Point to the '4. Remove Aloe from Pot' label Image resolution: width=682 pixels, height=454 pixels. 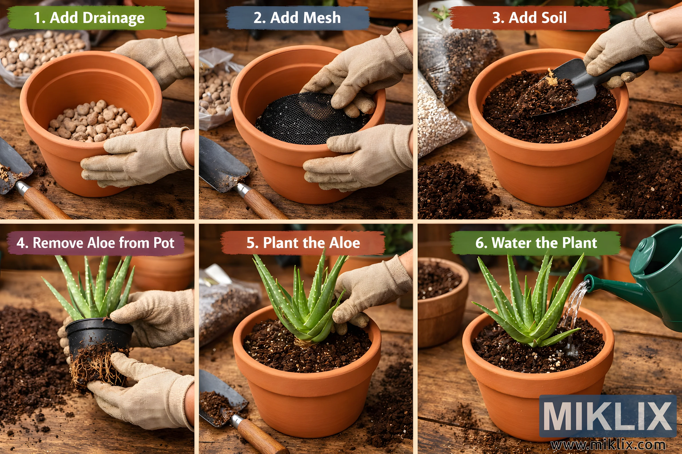pos(95,243)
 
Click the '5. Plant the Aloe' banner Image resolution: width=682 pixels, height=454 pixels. pos(303,243)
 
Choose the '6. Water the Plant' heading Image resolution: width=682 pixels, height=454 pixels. pos(536,243)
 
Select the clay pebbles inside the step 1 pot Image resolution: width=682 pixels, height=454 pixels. pos(92,121)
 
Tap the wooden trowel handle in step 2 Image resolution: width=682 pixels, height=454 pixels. pos(262,203)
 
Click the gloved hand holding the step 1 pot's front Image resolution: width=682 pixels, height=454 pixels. pos(136,156)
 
